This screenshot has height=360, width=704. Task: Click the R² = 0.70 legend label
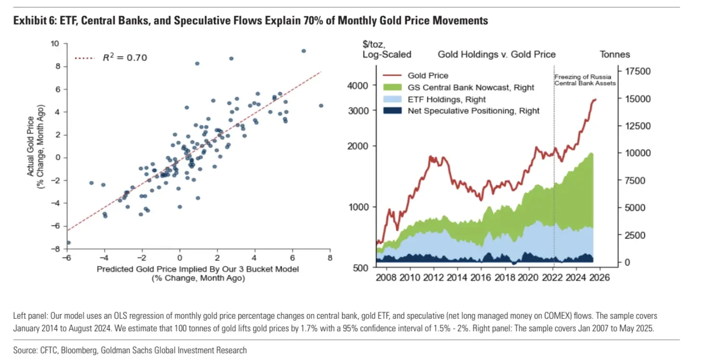[x=125, y=58]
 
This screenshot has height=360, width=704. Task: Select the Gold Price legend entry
[x=427, y=76]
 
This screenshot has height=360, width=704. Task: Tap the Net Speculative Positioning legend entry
[x=473, y=111]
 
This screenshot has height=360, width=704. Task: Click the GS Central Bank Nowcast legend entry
[x=470, y=88]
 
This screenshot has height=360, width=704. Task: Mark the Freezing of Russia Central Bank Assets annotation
[x=586, y=80]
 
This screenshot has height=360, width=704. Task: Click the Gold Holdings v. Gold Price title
[x=496, y=54]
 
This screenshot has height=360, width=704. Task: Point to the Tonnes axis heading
[x=615, y=54]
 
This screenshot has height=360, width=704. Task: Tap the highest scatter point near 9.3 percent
[x=304, y=51]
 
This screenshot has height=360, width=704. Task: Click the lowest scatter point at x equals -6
[x=68, y=243]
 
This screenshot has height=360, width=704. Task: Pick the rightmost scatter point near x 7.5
[x=321, y=106]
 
